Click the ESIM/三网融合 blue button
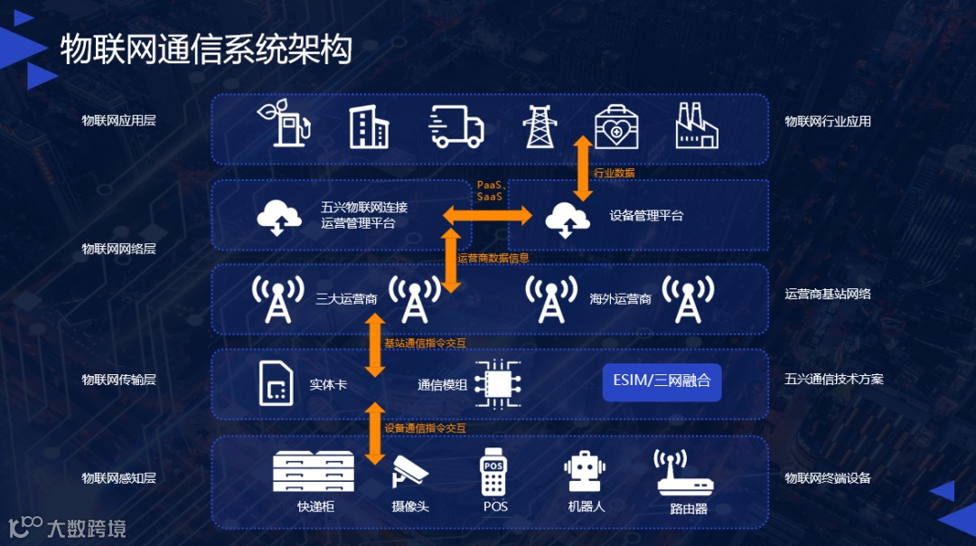[x=662, y=381]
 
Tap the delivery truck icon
[x=456, y=126]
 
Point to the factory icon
[x=697, y=125]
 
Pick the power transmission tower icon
[x=540, y=126]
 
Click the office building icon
[x=369, y=126]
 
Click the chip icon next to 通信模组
[x=498, y=383]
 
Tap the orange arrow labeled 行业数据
[x=583, y=170]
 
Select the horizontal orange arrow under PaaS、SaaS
[x=487, y=215]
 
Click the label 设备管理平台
[x=646, y=216]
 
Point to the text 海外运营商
[x=620, y=298]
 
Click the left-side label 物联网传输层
[x=118, y=380]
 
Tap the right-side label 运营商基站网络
[x=827, y=294]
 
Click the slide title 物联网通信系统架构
[x=205, y=50]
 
